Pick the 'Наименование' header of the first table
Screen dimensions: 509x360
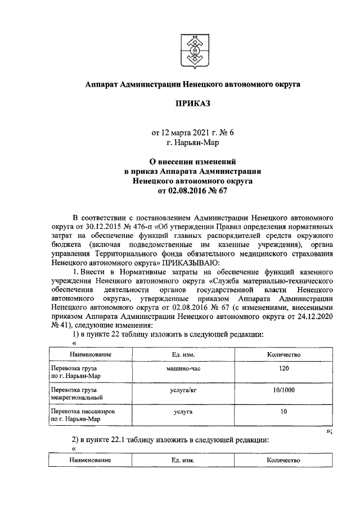click(x=87, y=354)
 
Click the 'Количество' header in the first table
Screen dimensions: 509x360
click(x=283, y=354)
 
